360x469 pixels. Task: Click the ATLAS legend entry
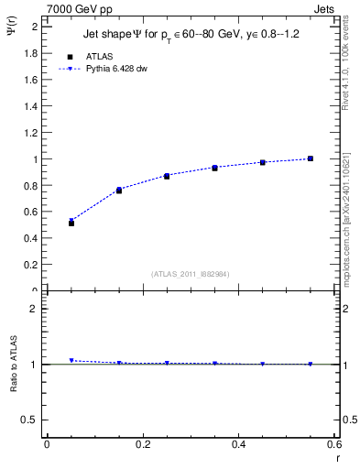[98, 57]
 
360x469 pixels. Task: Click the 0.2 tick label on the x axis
[143, 444]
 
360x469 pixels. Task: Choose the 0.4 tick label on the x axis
[238, 444]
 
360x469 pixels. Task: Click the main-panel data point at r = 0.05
[71, 223]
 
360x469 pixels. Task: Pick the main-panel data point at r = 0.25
[167, 176]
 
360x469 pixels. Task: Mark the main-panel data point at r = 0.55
[311, 158]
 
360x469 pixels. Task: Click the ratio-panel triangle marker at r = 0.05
[71, 361]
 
